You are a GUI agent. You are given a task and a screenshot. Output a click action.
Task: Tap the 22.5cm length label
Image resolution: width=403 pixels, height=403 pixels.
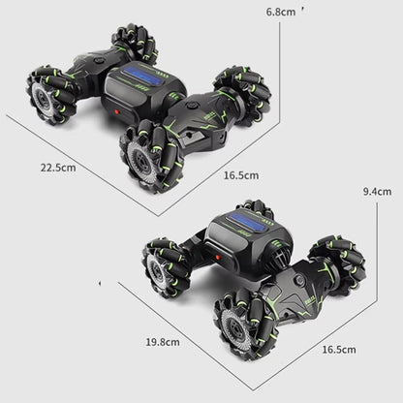pos(58,166)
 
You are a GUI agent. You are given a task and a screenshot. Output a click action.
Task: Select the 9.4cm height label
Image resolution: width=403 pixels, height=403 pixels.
pos(376,191)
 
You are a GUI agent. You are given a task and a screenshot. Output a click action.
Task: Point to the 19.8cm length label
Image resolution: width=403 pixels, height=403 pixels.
pos(163,341)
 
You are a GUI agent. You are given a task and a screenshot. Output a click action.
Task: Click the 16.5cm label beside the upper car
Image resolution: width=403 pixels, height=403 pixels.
pos(240,175)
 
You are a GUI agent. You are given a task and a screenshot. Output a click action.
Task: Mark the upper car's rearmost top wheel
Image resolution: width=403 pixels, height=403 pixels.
pos(134,43)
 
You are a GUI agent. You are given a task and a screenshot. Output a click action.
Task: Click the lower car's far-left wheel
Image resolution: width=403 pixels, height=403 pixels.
pos(168,267)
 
